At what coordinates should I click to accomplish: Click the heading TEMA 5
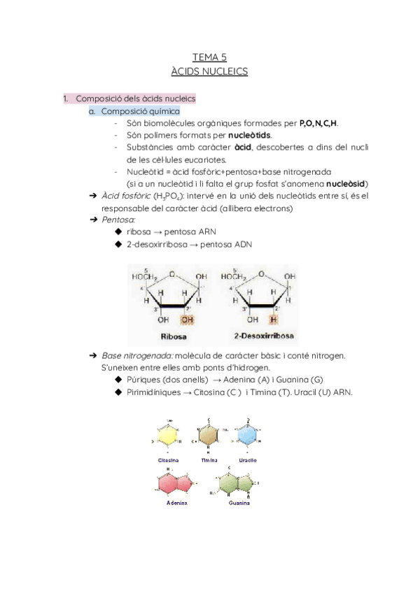pos(209,57)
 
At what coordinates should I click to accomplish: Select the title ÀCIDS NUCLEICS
pos(209,71)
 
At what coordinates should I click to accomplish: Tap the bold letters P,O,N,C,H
pos(318,123)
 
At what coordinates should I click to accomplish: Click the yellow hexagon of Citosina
pos(168,435)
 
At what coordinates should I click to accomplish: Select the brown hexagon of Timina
pos(209,435)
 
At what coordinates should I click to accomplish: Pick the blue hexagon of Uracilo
pos(248,435)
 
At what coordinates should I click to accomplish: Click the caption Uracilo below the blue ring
pos(247,460)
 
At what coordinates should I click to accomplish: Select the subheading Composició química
pos(140,111)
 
